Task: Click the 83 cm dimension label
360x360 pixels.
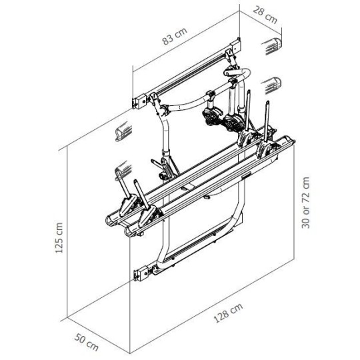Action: point(175,36)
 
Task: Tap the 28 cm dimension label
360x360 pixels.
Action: point(265,15)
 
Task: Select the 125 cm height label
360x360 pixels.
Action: point(59,238)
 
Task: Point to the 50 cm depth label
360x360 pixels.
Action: point(86,343)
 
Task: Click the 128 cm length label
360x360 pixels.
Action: point(228,313)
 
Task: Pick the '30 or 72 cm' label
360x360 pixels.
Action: point(305,203)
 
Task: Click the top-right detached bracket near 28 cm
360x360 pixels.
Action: point(272,47)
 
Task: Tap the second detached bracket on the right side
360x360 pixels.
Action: point(271,86)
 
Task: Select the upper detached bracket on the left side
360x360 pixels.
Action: point(123,131)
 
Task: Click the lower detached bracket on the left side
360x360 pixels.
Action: point(123,170)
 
